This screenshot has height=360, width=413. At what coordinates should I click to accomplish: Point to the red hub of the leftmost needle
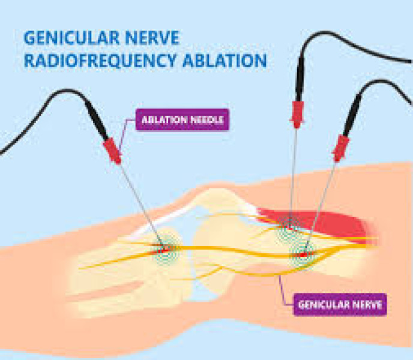click(x=112, y=149)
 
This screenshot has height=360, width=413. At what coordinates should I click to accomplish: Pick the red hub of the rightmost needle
click(x=340, y=148)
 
